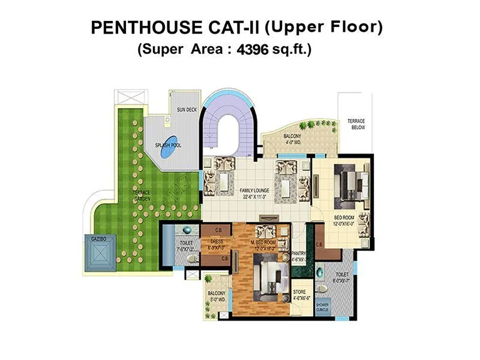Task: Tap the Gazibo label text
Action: pos(98,239)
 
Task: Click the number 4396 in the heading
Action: pos(252,50)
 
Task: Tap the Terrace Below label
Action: pos(356,124)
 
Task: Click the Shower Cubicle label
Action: pos(322,307)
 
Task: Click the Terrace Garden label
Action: pos(142,195)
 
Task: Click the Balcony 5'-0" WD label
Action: pos(216,296)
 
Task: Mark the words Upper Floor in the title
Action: pos(324,27)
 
